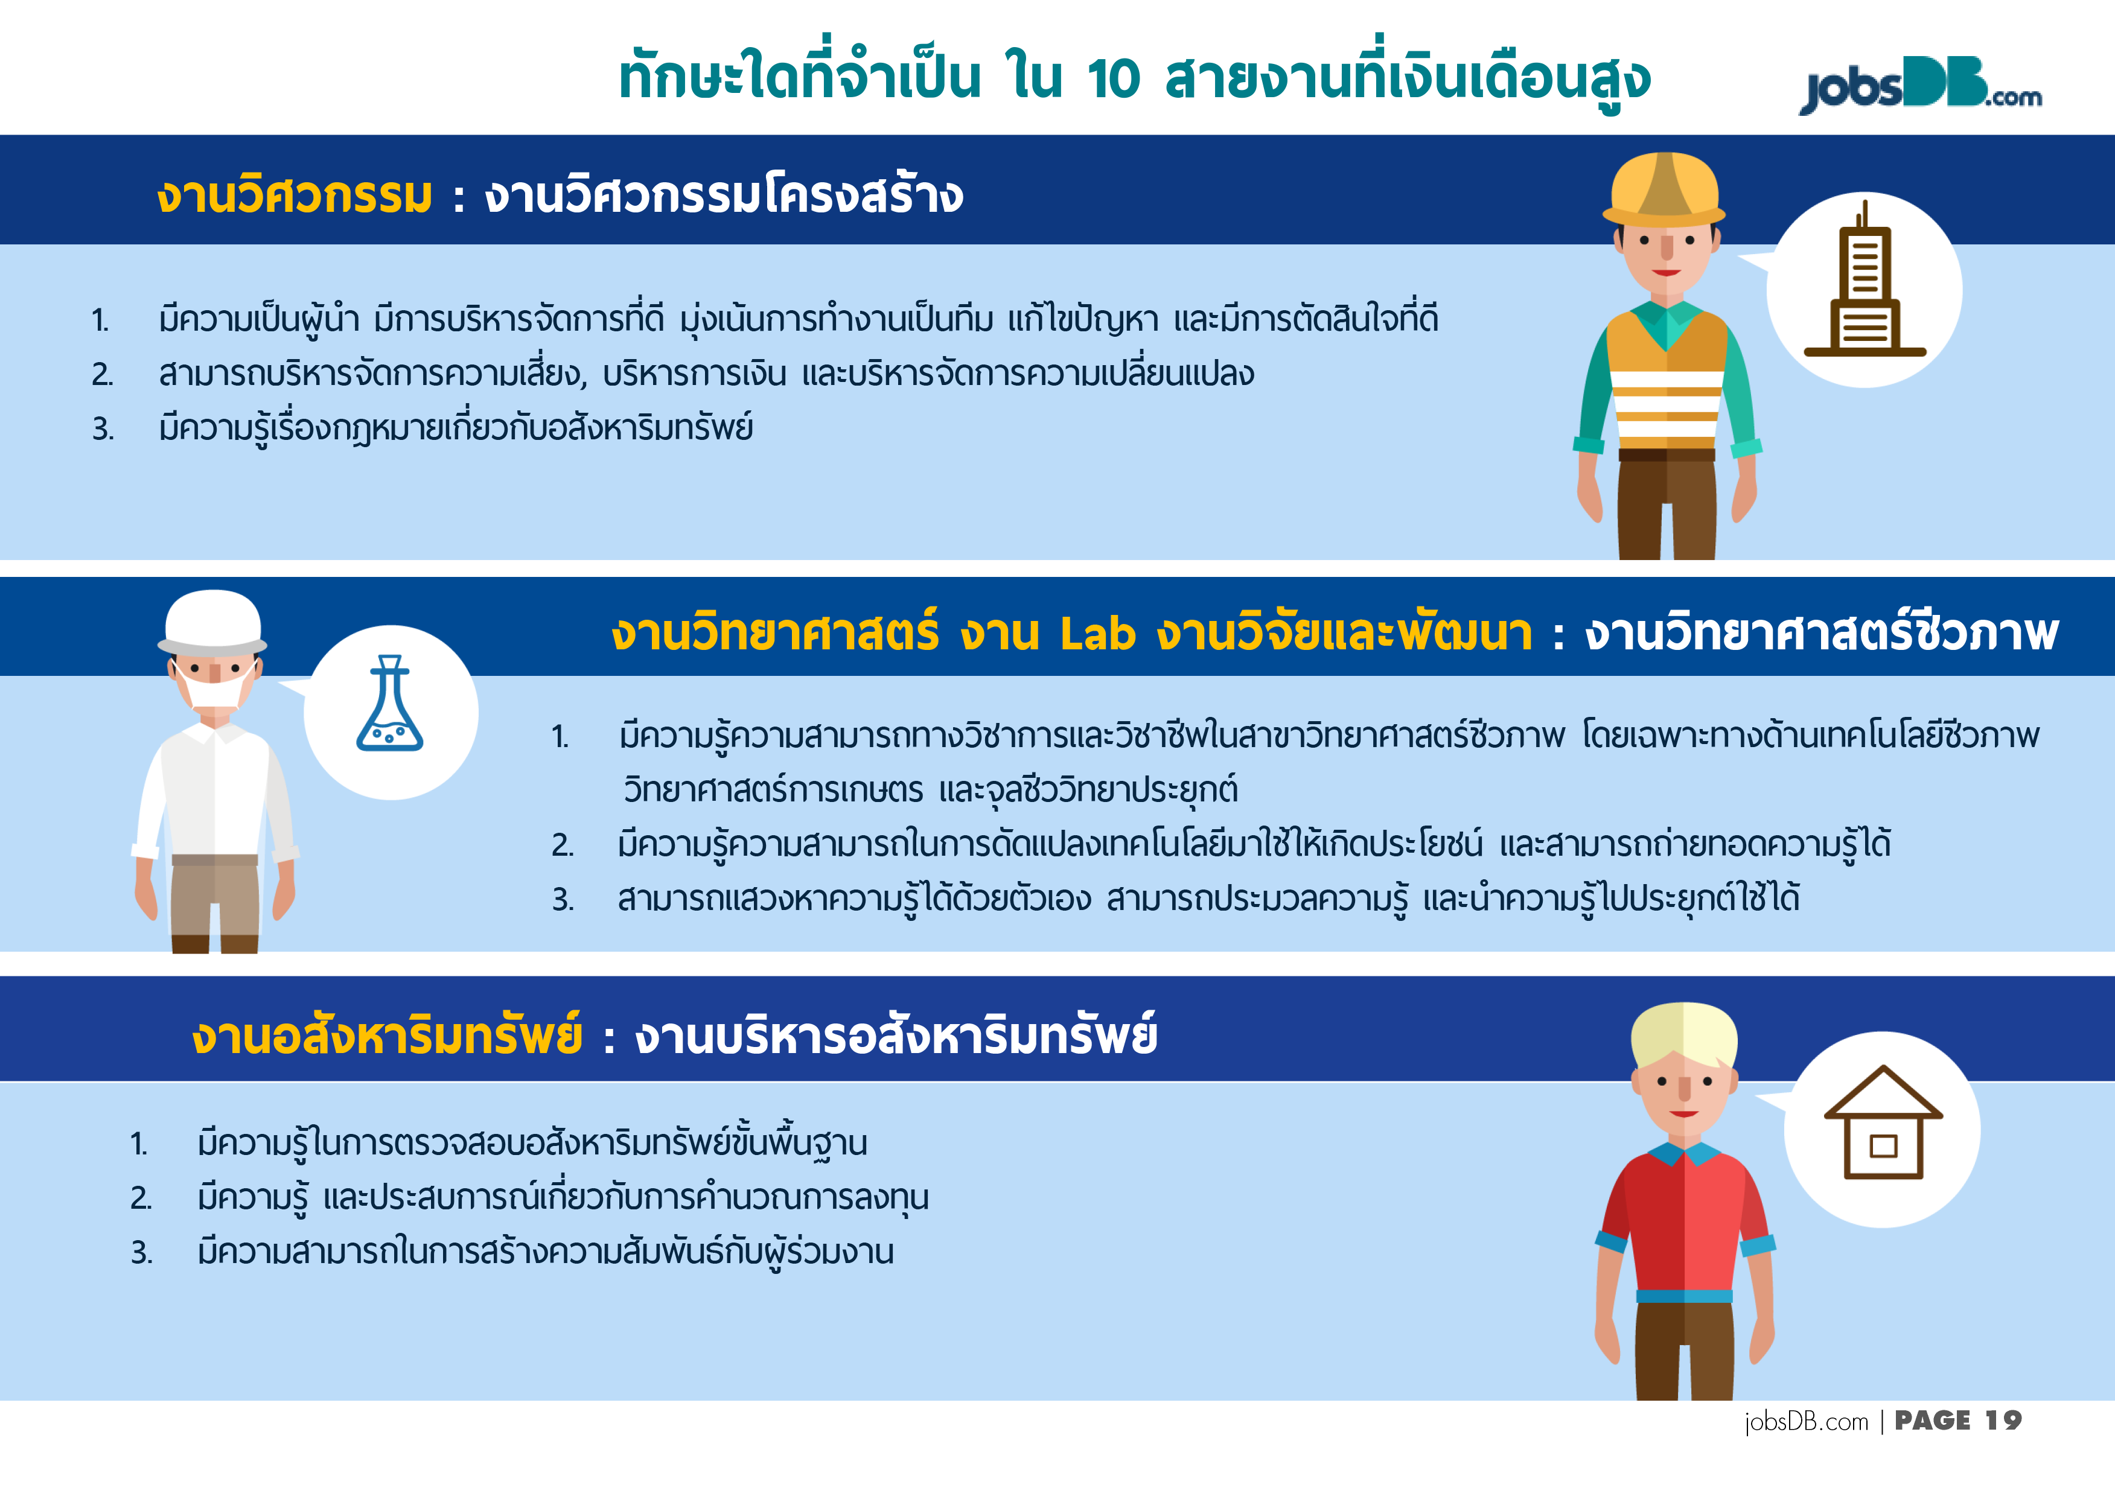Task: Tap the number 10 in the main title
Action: click(x=1113, y=78)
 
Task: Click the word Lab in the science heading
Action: click(x=1097, y=634)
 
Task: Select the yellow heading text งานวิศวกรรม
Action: click(x=294, y=196)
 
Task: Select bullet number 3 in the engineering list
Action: click(x=103, y=429)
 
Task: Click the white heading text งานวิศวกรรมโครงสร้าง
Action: click(x=724, y=196)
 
